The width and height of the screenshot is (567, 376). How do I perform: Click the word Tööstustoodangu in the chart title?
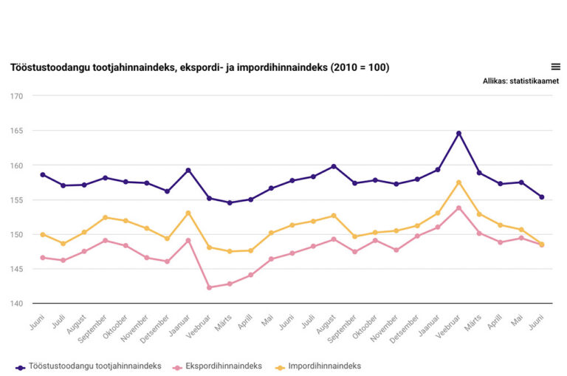click(51, 68)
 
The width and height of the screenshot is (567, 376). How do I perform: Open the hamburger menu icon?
click(555, 66)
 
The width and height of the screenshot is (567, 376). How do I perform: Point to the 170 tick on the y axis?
click(16, 96)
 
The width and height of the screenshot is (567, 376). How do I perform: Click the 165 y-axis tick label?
click(16, 131)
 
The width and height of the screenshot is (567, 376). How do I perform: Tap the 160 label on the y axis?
click(16, 165)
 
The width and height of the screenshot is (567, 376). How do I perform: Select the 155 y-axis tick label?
click(16, 200)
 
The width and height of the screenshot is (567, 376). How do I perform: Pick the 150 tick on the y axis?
click(16, 235)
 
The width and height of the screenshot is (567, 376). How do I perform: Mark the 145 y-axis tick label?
click(16, 269)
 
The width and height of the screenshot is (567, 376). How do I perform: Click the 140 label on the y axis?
click(16, 304)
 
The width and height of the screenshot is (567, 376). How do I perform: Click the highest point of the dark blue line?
click(458, 134)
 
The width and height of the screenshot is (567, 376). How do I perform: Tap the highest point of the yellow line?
click(458, 182)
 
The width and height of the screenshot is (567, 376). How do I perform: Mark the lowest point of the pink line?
click(209, 287)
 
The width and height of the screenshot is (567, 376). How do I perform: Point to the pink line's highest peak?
click(458, 208)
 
